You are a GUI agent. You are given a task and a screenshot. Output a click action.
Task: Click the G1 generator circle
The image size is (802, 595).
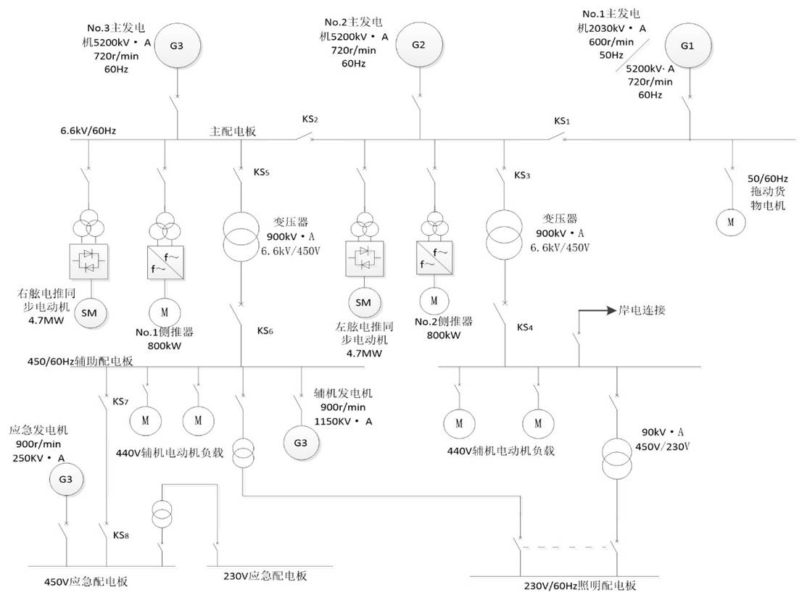[687, 45]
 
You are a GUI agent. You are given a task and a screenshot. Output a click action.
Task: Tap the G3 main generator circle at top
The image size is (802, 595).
[177, 45]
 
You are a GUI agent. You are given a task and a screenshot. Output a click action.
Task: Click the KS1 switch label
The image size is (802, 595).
[562, 121]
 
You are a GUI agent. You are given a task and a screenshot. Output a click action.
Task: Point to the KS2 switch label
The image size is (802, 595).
[310, 118]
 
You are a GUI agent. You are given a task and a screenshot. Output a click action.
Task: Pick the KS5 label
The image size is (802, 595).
[262, 173]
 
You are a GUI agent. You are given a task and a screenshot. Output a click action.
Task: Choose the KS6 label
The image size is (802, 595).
[265, 330]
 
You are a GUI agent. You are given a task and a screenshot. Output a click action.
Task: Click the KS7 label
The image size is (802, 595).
[120, 401]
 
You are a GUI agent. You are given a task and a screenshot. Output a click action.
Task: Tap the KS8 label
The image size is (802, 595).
[120, 536]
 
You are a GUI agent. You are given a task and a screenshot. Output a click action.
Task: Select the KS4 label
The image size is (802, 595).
[525, 328]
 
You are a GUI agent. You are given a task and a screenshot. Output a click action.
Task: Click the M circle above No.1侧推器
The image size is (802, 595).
[164, 312]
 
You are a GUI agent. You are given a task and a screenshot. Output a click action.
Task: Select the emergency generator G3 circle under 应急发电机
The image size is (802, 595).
[66, 479]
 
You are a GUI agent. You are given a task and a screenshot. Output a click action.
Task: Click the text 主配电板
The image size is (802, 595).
[233, 132]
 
